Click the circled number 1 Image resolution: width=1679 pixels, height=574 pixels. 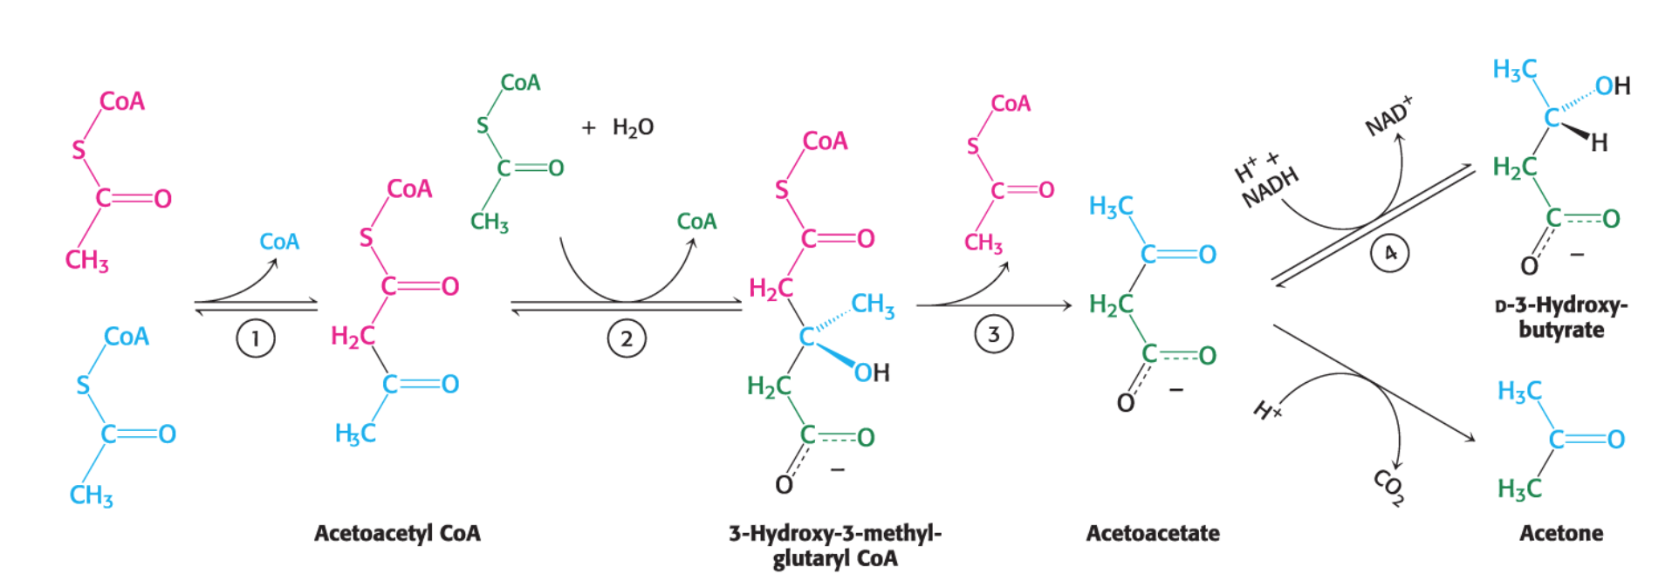tap(256, 338)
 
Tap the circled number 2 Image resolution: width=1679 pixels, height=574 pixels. tap(627, 338)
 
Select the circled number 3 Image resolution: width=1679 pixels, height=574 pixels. tap(993, 334)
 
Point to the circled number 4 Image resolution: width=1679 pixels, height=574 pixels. tap(1389, 253)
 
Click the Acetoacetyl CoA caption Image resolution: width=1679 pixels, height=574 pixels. tap(397, 533)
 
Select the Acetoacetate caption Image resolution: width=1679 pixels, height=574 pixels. tap(1153, 533)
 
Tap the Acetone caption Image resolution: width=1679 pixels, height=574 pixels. tap(1561, 533)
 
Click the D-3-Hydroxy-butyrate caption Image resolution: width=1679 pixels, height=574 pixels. tap(1561, 318)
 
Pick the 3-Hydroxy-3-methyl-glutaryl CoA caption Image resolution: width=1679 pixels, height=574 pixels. tap(835, 545)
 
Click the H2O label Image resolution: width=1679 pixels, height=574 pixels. tap(633, 127)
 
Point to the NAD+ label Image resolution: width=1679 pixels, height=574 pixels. tap(1388, 116)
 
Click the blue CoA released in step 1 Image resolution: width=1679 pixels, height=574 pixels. tap(279, 242)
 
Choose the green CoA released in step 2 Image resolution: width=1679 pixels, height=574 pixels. tap(696, 222)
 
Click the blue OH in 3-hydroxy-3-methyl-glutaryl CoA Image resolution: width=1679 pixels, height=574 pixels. tap(872, 373)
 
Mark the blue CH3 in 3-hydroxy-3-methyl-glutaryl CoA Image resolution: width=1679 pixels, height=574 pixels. tap(873, 305)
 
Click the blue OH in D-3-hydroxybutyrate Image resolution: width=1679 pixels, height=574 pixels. tap(1613, 85)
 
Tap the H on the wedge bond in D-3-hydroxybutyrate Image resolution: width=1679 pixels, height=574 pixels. tap(1599, 142)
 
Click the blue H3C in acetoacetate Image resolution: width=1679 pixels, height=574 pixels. tap(1111, 207)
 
